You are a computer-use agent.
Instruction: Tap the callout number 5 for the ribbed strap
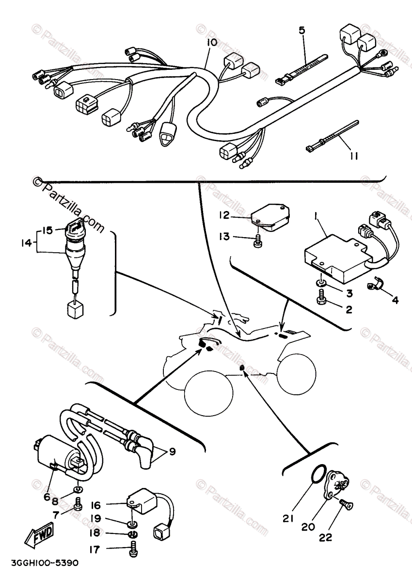(x=302, y=31)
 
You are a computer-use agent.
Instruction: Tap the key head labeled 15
(x=76, y=223)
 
